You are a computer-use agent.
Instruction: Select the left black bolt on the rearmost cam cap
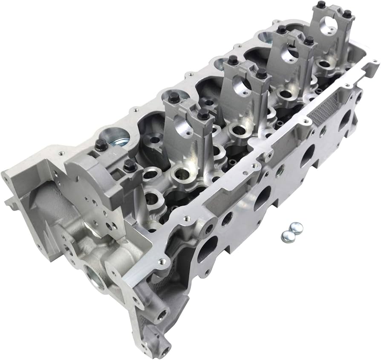pyautogui.click(x=321, y=5)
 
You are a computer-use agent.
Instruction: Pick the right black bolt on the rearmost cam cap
pyautogui.click(x=347, y=14)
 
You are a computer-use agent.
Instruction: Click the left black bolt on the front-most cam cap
pyautogui.click(x=101, y=145)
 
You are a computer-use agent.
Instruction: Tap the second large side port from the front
pyautogui.click(x=262, y=198)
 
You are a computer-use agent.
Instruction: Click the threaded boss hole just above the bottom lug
pyautogui.click(x=161, y=316)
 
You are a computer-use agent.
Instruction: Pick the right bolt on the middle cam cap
pyautogui.click(x=261, y=74)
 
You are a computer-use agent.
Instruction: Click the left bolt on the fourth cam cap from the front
pyautogui.click(x=282, y=30)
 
